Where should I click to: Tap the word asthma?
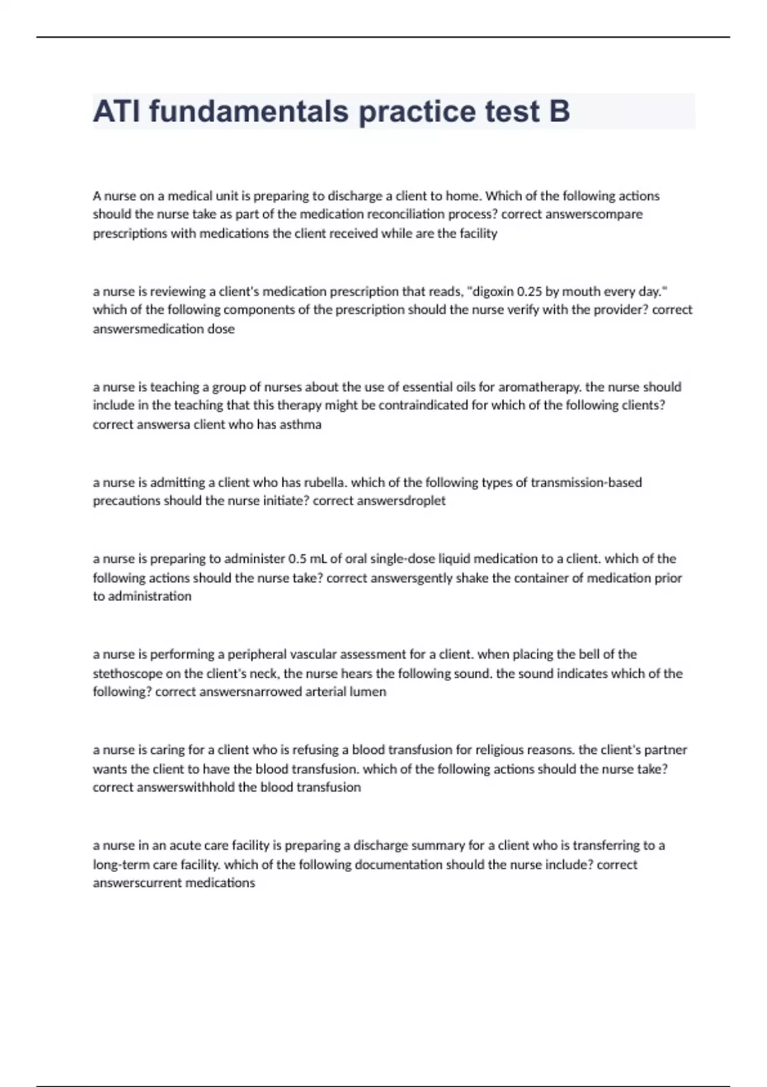coord(300,425)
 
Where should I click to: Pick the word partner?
coord(665,749)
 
